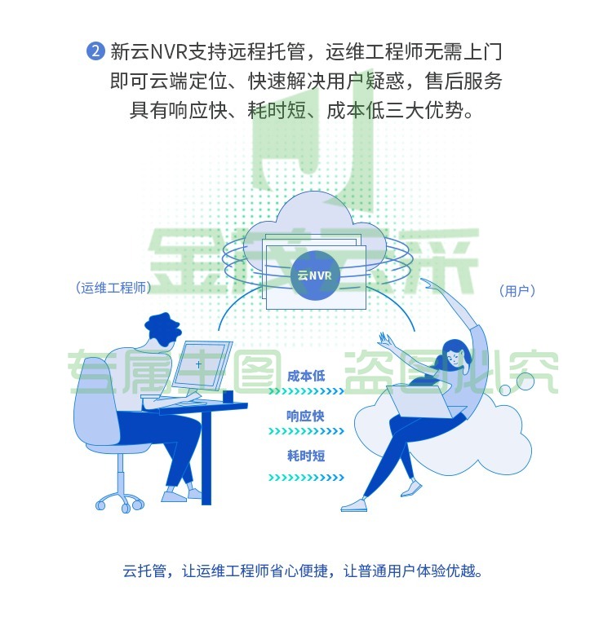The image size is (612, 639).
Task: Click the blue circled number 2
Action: coord(96,51)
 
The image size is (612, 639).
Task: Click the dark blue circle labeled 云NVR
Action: coord(315,275)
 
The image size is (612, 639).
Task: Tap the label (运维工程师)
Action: coord(113,288)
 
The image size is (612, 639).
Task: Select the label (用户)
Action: coord(517,290)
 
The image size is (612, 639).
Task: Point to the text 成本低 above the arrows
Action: coord(306,376)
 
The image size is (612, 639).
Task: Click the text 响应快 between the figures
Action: coord(305,416)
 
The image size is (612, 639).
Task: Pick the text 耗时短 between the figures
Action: coord(306,455)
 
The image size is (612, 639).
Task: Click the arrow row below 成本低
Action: coord(307,391)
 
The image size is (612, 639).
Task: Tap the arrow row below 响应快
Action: coord(307,431)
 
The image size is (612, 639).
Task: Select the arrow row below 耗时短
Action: coord(307,478)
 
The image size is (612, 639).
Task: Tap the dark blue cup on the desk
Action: coord(228,396)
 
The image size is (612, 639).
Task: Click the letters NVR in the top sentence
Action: coord(168,52)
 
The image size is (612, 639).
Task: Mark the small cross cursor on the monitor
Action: coord(199,364)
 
